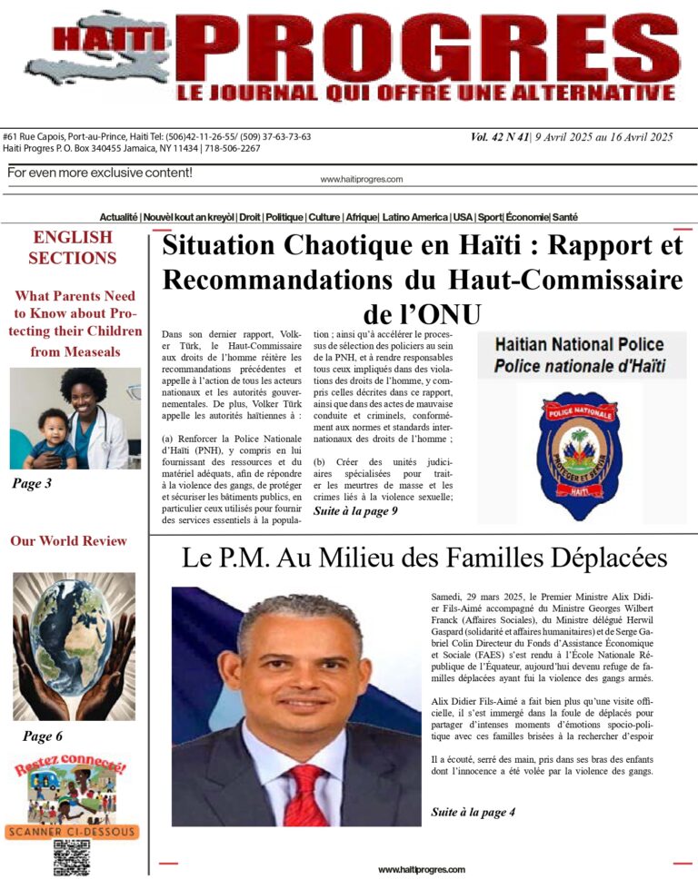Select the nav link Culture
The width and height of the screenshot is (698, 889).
[x=324, y=218]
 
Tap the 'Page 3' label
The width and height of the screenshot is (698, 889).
[x=32, y=484]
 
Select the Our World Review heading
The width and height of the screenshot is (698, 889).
[x=69, y=541]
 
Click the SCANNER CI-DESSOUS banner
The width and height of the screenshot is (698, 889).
[x=71, y=831]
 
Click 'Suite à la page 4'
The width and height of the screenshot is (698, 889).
[x=473, y=812]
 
